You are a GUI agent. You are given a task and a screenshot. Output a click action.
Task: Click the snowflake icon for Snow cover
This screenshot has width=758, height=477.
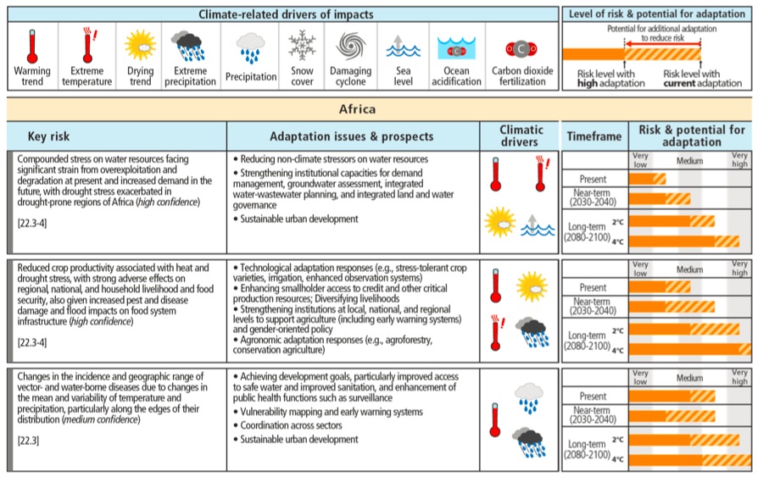pos(302,45)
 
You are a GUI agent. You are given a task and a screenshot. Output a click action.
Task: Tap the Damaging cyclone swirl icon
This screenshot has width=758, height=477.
pos(350,46)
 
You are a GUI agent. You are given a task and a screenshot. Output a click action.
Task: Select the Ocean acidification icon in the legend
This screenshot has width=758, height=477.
pos(456,48)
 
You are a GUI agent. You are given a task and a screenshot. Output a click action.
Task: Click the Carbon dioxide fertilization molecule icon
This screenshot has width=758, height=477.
pos(521,49)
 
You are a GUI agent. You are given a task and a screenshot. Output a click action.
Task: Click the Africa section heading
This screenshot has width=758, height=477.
pos(357,109)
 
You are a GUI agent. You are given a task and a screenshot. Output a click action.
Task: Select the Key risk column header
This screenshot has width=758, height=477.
pos(48,136)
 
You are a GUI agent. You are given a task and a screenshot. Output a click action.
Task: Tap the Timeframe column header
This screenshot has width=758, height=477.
pos(594,136)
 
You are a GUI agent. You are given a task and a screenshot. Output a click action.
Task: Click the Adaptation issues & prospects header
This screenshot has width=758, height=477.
pos(352,136)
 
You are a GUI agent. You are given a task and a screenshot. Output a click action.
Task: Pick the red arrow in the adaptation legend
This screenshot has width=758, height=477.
pos(662,44)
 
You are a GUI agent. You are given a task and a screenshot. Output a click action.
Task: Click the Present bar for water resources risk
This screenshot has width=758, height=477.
pos(647,179)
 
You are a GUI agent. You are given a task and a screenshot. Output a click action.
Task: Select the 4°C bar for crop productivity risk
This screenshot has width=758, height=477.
pos(690,349)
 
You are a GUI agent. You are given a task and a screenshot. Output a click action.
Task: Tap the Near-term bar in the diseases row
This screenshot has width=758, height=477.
pos(672,416)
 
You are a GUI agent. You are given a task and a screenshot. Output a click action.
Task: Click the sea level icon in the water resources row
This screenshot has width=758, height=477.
pos(538,225)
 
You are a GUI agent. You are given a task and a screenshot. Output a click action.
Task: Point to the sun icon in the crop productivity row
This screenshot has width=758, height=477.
pos(532,286)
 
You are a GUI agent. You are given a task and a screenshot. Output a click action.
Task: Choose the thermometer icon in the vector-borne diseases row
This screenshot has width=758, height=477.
pos(495,420)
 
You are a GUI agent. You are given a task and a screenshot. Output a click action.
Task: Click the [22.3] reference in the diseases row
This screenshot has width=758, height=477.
pos(28,441)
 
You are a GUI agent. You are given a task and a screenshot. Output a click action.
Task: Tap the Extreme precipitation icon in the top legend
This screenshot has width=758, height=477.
pos(190,46)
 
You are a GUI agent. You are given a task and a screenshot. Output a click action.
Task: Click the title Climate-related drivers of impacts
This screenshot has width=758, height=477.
pos(287,14)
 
